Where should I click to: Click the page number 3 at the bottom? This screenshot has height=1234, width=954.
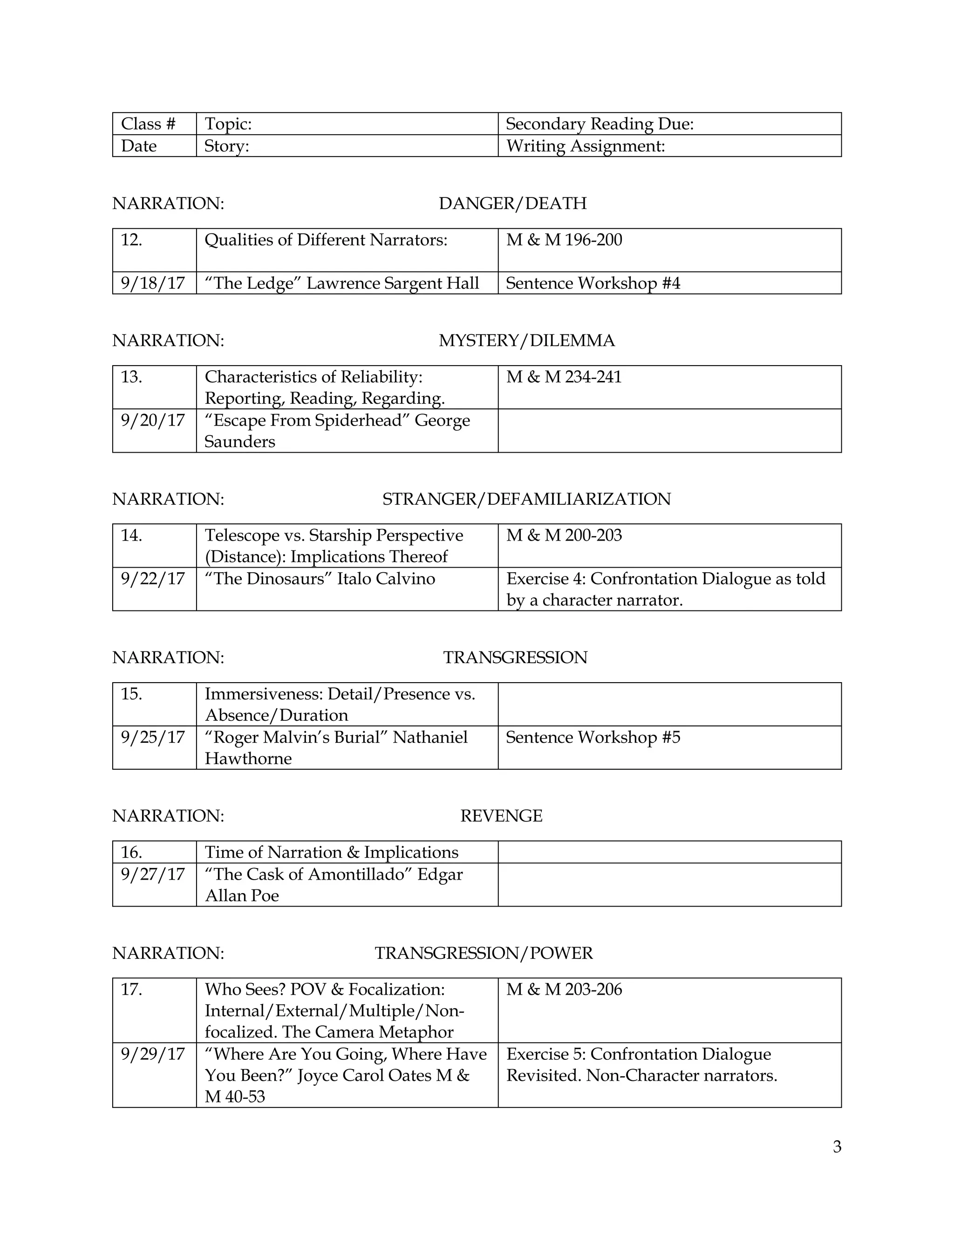tap(837, 1146)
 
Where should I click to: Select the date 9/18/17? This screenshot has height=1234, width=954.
tap(153, 283)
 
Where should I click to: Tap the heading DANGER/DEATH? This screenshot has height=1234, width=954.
tap(512, 203)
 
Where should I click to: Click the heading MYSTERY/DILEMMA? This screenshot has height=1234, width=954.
tap(526, 341)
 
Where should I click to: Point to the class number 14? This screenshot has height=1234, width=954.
tap(131, 535)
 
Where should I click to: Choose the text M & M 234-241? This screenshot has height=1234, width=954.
tap(564, 377)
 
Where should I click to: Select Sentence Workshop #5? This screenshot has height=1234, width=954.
tap(593, 737)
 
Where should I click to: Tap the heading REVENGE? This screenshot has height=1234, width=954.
tap(501, 816)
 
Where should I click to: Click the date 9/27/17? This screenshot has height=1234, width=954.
tap(153, 875)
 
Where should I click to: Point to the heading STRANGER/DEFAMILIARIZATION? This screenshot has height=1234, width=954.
tap(526, 499)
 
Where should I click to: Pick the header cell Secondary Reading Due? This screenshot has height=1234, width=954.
tap(599, 124)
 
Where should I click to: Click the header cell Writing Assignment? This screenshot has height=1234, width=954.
tap(585, 146)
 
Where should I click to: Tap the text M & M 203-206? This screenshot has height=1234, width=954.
tap(564, 990)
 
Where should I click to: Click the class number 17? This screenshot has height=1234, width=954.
tap(131, 990)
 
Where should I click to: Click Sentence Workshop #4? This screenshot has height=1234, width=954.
tap(593, 283)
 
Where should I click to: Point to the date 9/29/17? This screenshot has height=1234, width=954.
tap(153, 1054)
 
